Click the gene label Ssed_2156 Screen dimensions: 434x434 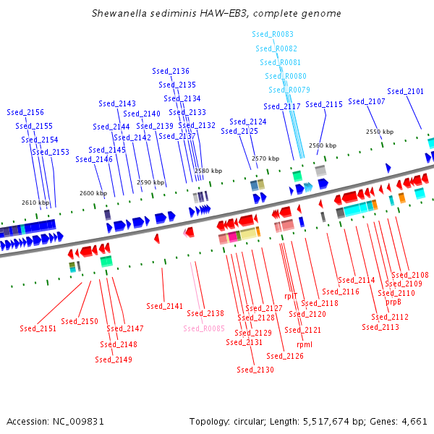coord(25,113)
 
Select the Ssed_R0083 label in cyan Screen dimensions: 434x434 coord(273,35)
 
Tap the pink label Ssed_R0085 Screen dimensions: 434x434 coord(204,328)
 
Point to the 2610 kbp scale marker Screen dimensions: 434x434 coord(35,203)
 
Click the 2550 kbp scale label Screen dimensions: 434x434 coord(379,132)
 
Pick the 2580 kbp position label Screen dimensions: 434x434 coord(208,171)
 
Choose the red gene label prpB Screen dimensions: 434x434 coord(393,302)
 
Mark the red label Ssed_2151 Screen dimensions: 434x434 coord(38,329)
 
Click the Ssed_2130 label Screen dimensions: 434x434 coord(255,370)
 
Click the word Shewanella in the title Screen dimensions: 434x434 coord(118,14)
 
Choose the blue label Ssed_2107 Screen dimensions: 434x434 coord(367,102)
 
